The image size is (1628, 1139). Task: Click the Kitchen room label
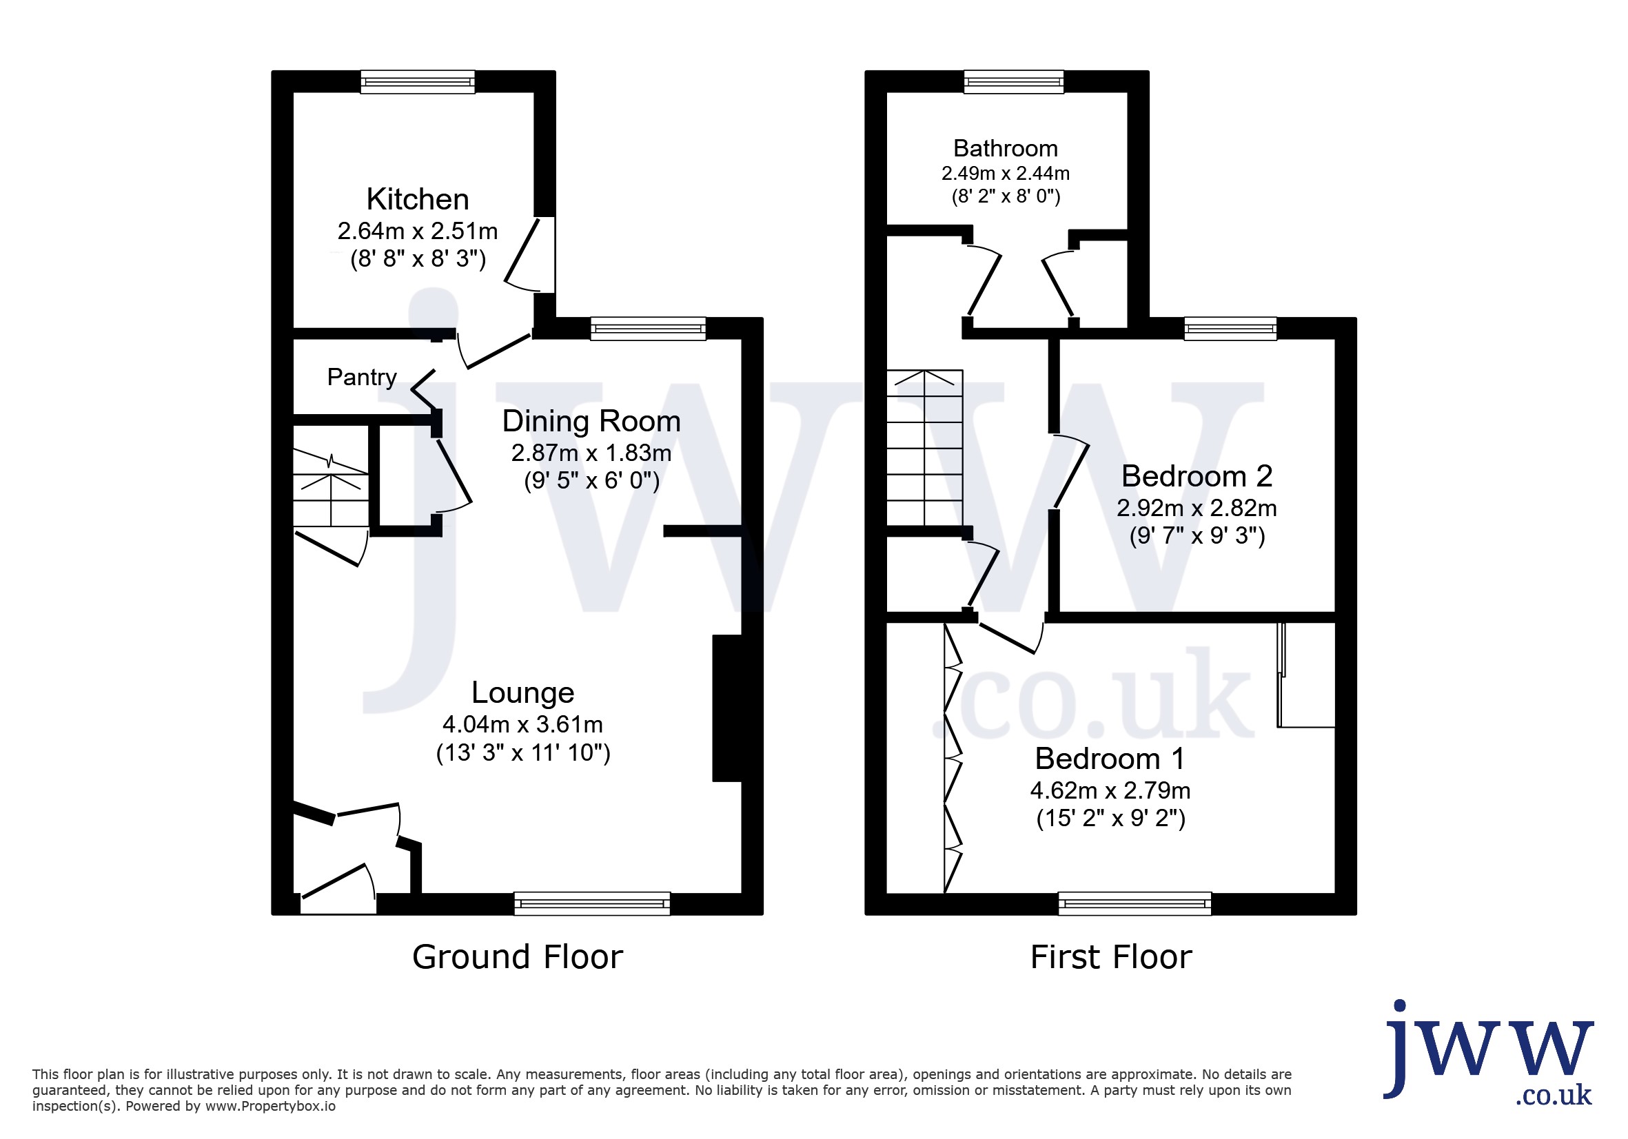point(418,199)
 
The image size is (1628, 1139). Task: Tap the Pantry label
point(362,377)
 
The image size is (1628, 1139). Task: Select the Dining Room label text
point(591,421)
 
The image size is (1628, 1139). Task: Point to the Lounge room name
point(522,692)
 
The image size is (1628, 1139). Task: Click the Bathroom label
point(1006,148)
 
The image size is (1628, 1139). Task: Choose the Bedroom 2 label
point(1197,475)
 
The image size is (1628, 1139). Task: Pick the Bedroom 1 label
point(1110,759)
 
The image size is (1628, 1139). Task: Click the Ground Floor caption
point(518,957)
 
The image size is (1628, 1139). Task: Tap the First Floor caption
point(1111,957)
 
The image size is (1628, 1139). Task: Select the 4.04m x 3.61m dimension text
point(522,724)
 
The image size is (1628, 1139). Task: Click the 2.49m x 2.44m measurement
point(1006,173)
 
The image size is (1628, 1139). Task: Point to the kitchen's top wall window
point(418,81)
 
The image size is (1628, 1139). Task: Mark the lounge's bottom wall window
point(592,903)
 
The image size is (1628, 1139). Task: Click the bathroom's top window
point(1014,81)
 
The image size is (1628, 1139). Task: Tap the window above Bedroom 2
point(1230,328)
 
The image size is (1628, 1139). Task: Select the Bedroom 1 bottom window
point(1134,903)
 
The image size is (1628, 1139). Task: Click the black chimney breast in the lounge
point(727,709)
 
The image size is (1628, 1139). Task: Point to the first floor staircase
point(924,447)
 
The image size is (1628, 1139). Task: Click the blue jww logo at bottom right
point(1489,1054)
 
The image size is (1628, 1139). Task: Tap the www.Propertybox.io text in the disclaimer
point(270,1107)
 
